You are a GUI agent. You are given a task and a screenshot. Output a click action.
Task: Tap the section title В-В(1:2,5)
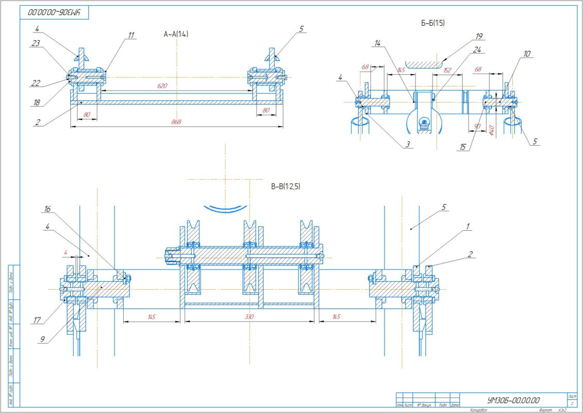(x=286, y=186)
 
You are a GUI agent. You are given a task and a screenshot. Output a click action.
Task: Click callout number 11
(x=131, y=35)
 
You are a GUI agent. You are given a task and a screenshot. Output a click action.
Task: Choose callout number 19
(x=479, y=36)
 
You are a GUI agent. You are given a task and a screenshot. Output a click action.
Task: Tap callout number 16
(x=47, y=210)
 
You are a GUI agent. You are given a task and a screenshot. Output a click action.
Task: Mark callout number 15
(x=462, y=148)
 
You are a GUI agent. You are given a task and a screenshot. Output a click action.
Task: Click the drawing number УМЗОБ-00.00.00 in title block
(x=513, y=400)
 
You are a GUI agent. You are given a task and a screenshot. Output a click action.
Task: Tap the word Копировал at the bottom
(x=479, y=410)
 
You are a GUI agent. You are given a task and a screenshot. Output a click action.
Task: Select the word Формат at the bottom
(x=545, y=410)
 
